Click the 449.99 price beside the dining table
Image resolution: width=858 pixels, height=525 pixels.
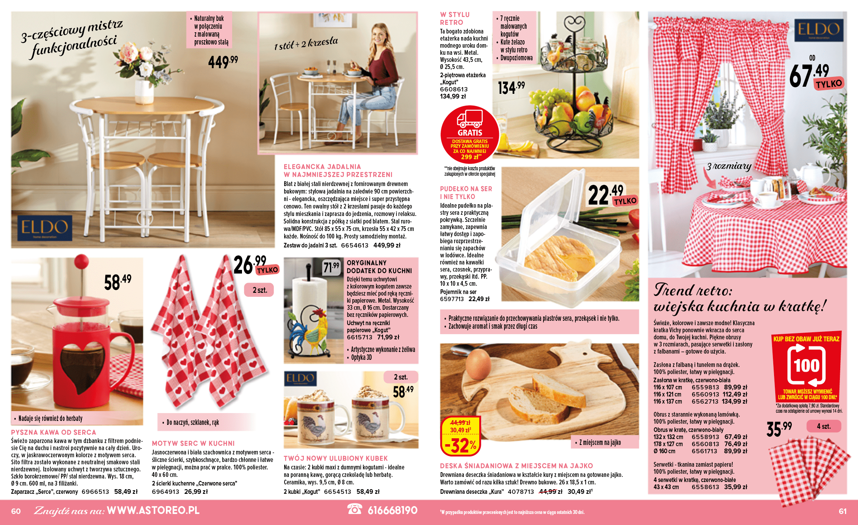coord(223,62)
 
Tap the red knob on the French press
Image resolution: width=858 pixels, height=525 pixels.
coord(82,262)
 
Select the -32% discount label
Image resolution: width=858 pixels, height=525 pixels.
coord(460,445)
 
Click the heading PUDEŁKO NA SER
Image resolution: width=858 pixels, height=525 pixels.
coord(466,189)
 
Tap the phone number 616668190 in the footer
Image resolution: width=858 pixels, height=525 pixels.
coord(392,510)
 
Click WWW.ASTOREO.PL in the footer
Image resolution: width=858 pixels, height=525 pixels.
coord(153,510)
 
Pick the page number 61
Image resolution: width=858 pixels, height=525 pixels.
coord(842,511)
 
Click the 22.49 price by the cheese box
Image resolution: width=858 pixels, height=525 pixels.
coord(605,194)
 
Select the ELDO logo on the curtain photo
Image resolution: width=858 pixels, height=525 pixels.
coord(818,30)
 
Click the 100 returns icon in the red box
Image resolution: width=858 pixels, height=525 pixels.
coord(806,365)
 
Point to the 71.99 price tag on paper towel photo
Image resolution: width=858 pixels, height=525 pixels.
coord(331,267)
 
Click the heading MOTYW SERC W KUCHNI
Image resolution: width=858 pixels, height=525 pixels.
coord(193,443)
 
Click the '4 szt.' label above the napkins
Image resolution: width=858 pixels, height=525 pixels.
coord(823,426)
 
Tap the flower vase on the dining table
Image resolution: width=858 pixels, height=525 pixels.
coord(144,91)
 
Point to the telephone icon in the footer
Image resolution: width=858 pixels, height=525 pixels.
coord(354,509)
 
